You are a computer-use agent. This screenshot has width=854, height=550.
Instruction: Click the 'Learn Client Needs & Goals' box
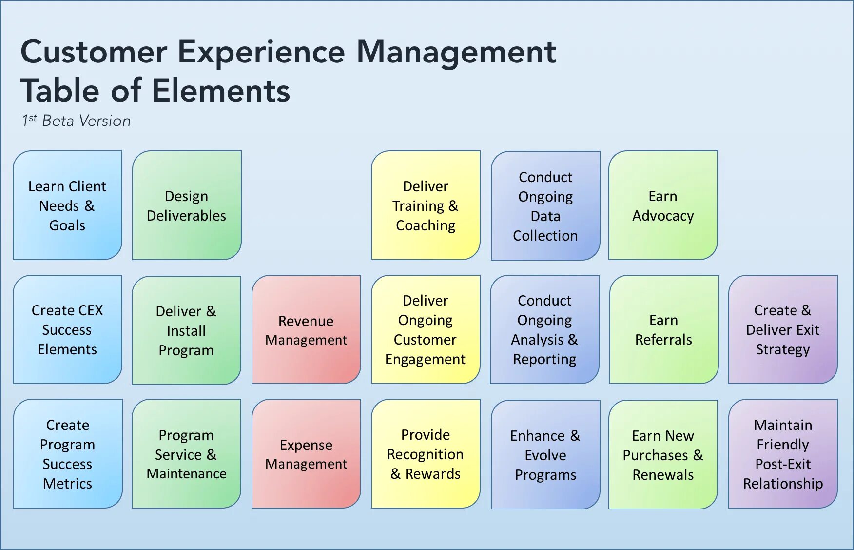[67, 205]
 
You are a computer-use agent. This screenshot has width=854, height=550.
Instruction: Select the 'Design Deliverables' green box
[187, 205]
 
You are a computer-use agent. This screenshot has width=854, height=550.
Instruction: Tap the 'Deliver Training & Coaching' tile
[426, 205]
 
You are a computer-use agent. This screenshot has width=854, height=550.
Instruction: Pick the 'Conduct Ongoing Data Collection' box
[545, 205]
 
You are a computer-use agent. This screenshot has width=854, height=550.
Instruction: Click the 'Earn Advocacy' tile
[663, 205]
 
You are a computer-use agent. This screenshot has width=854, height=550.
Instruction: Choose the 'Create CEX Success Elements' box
[67, 329]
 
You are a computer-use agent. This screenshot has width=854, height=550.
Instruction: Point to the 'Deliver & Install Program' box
[186, 330]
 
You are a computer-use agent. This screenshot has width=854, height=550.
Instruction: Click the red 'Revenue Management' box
[306, 330]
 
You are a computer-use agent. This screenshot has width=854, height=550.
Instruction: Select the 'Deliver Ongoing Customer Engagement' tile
[426, 329]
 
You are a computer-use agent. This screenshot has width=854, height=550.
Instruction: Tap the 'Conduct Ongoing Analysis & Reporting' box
[544, 329]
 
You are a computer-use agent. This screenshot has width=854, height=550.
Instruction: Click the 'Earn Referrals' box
[663, 329]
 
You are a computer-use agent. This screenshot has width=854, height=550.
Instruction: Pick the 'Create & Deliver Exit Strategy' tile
[783, 329]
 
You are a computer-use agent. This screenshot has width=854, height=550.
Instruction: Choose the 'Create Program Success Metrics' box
[68, 454]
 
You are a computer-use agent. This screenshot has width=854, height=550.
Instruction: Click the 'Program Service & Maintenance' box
[186, 454]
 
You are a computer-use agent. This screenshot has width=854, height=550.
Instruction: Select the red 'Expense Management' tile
[306, 454]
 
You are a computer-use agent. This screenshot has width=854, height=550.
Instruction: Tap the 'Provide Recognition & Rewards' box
[426, 454]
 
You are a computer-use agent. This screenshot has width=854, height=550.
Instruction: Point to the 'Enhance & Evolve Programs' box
[545, 455]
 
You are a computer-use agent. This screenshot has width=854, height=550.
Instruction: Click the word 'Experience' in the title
[261, 52]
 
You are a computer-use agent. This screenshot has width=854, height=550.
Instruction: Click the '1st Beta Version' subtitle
[77, 121]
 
